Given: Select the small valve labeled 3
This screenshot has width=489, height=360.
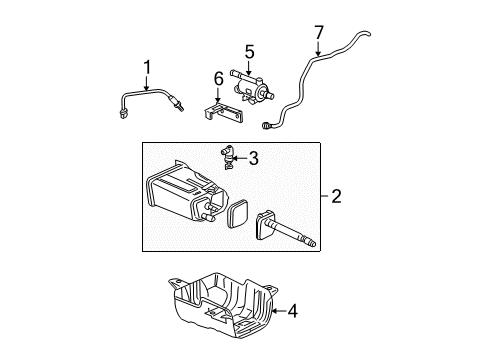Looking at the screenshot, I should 229,156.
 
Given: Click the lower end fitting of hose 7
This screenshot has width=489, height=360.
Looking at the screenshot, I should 266,126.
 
